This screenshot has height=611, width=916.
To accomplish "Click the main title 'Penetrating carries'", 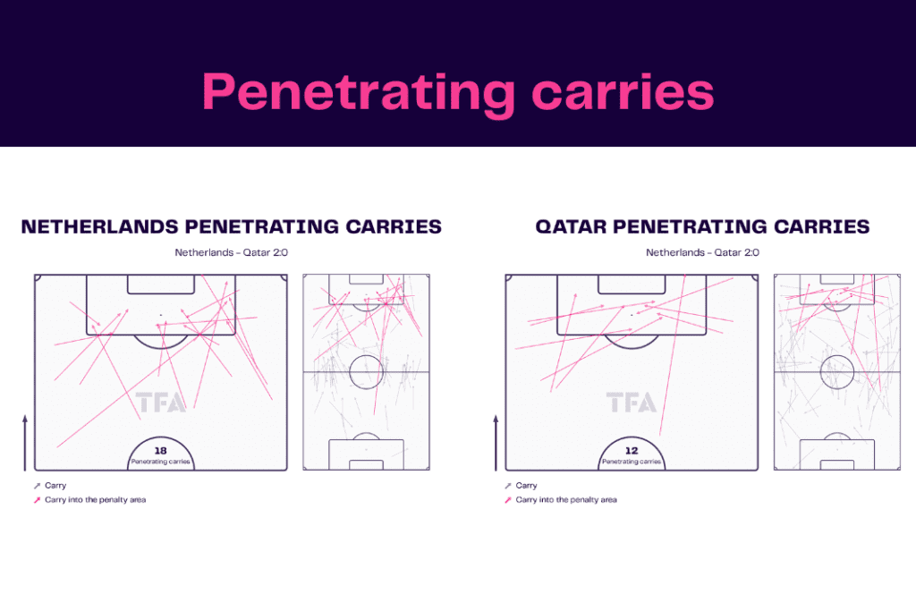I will tap(458, 91).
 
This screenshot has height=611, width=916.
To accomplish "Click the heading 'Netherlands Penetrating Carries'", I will tap(232, 226).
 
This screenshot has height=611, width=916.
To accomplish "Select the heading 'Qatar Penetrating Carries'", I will tap(702, 226).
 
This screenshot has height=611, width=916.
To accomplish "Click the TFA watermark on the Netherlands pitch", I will tap(161, 403).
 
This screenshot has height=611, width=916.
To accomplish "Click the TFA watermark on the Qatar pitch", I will tap(632, 403).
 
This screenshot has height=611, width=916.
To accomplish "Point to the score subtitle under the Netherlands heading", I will tap(232, 252).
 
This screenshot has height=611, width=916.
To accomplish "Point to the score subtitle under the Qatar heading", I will tap(702, 252).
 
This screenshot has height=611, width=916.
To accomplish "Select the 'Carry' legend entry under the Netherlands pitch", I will tap(55, 486).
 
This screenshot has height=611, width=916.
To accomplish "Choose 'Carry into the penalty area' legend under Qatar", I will tap(566, 499).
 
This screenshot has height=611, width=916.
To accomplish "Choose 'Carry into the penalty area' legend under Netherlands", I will tap(95, 499).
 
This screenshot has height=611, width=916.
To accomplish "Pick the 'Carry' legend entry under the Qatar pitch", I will tap(526, 486).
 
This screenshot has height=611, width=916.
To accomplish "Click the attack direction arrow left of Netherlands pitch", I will tap(25, 443).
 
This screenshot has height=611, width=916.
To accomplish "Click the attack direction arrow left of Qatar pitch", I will tap(496, 443).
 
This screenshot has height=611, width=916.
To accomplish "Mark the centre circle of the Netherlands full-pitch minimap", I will tap(366, 371).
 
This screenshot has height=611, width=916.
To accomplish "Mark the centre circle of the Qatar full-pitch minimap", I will tap(836, 371).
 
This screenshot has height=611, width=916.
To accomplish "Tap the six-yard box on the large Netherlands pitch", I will tap(161, 284).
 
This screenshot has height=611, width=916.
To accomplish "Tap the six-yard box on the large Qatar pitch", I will tap(632, 284).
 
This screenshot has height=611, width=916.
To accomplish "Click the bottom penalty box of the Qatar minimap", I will tap(836, 454).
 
